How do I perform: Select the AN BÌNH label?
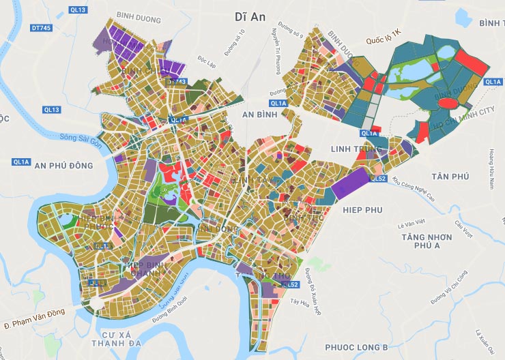point(259,116)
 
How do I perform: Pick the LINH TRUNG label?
point(354,149)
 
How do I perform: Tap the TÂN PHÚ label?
point(451,177)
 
